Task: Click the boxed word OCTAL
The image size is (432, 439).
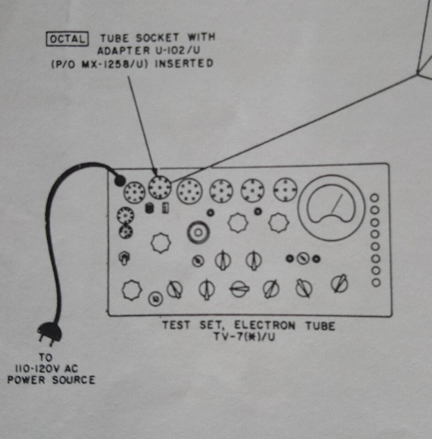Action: point(67,39)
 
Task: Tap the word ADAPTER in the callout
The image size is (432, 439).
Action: point(124,51)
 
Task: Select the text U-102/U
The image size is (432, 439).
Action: point(178,50)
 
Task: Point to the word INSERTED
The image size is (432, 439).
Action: point(184,63)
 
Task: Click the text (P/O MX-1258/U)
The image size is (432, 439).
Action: point(99,64)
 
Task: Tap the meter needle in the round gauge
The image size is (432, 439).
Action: point(337,204)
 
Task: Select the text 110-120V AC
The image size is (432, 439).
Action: point(46,369)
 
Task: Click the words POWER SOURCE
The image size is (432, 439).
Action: point(51,380)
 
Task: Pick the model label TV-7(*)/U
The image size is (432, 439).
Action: point(244,337)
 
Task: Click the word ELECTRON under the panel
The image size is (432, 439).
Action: point(265,325)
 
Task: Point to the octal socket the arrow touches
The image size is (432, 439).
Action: point(159,187)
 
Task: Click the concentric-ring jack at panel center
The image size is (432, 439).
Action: point(198,232)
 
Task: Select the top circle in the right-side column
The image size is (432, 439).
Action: point(375,198)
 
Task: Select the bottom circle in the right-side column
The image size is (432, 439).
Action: point(376,283)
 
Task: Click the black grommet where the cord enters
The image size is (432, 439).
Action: point(120,181)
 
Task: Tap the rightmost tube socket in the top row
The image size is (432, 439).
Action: point(285,190)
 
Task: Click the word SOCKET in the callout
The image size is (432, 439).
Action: point(157,37)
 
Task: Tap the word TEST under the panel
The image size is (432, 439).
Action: point(176,325)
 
